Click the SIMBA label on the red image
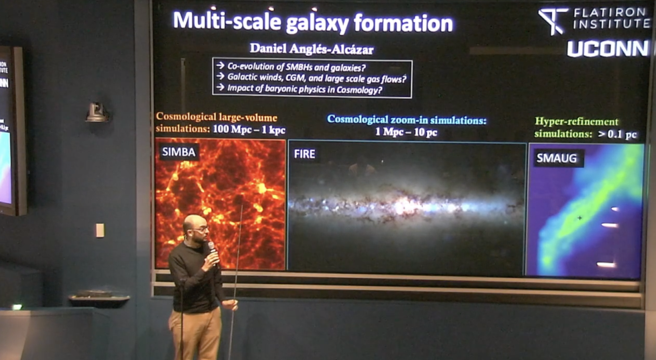pyautogui.click(x=179, y=152)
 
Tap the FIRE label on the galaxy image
pyautogui.click(x=305, y=154)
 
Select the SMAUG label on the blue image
pyautogui.click(x=556, y=158)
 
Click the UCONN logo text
pyautogui.click(x=608, y=49)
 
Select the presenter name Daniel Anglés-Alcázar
pyautogui.click(x=311, y=49)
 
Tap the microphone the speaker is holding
pyautogui.click(x=212, y=250)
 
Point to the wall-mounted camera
pyautogui.click(x=97, y=112)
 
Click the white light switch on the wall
pyautogui.click(x=100, y=230)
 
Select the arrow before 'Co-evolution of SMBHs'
pyautogui.click(x=220, y=66)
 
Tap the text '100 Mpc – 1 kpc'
pyautogui.click(x=249, y=130)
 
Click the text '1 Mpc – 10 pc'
pyautogui.click(x=406, y=132)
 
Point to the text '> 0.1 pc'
pyautogui.click(x=617, y=134)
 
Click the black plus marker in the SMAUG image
pyautogui.click(x=580, y=218)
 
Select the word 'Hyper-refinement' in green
pyautogui.click(x=576, y=122)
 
